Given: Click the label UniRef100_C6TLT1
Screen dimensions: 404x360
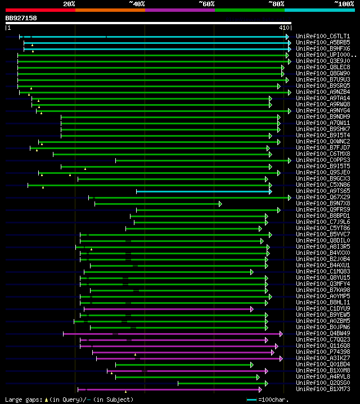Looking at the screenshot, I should [x=322, y=36].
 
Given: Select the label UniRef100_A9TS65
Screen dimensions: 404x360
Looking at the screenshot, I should [x=322, y=191].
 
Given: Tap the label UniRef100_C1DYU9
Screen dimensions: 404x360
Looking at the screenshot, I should [x=322, y=308].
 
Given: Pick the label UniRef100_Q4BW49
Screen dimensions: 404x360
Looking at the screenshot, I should [x=322, y=333].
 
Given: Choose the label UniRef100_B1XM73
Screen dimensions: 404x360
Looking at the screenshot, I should [x=322, y=389].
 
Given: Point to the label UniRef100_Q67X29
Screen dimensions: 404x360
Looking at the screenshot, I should [x=322, y=197].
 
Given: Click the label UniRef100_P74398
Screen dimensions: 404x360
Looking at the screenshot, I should [x=322, y=352].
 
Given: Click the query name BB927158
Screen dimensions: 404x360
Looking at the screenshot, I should [x=21, y=18].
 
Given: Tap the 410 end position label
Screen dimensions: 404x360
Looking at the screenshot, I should [x=283, y=27].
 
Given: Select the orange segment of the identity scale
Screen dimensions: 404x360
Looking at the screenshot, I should [x=110, y=10].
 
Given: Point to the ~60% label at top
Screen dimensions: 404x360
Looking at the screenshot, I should [x=206, y=4].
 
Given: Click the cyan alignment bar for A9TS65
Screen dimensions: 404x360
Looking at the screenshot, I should [x=202, y=191].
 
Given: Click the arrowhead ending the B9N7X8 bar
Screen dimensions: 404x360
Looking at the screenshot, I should [x=220, y=203].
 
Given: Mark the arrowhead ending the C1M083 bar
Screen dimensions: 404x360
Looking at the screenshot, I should [x=252, y=272].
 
